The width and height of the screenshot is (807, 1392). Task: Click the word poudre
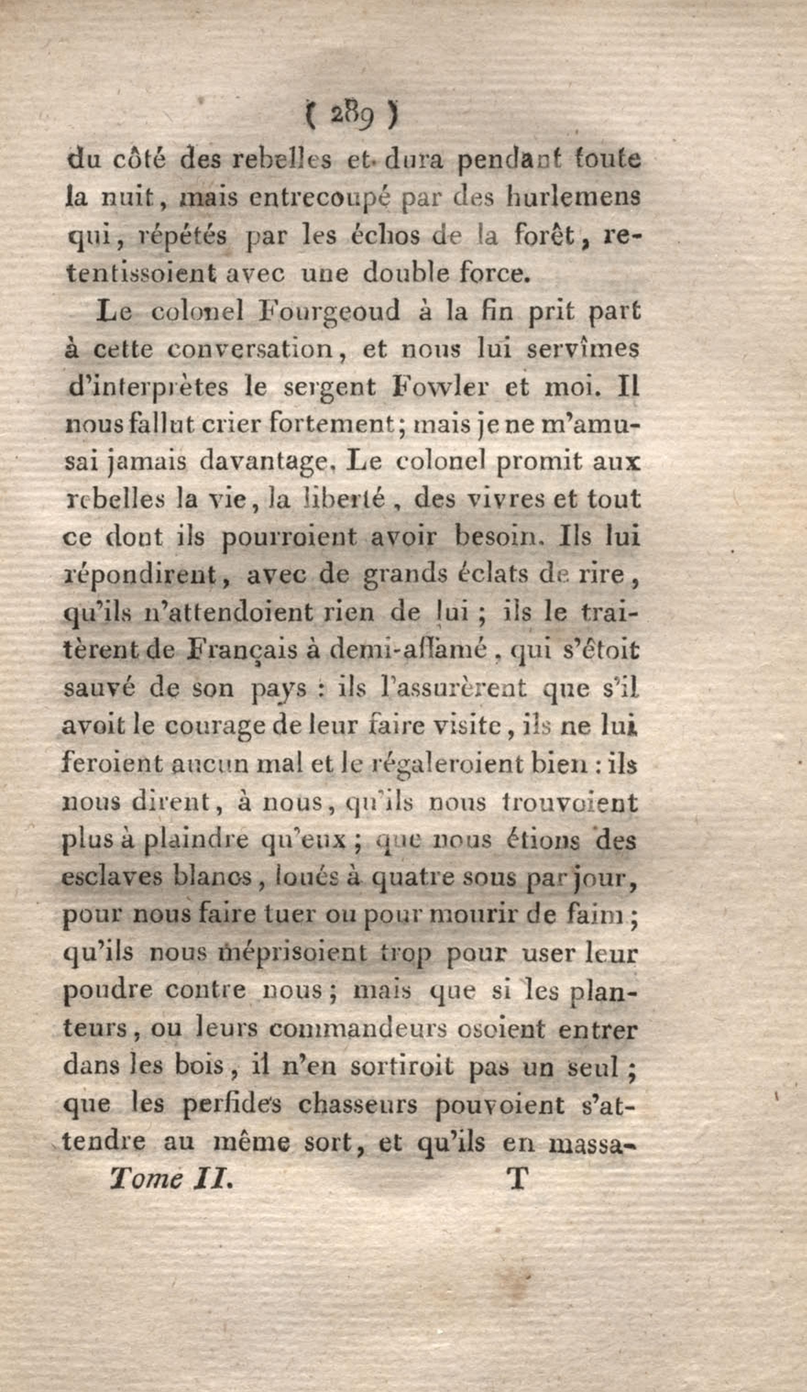(x=108, y=990)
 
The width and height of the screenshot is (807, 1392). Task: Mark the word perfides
(x=232, y=1104)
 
